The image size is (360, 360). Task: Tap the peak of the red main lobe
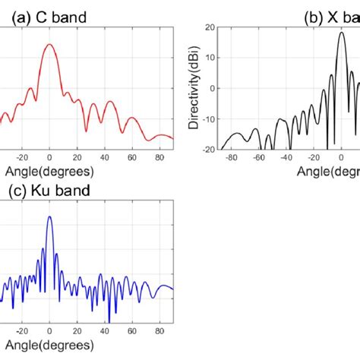pos(49,44)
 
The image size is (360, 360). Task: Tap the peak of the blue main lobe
pos(49,216)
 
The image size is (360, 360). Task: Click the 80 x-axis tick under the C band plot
pos(159,157)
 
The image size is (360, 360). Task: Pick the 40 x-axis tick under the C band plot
pos(104,157)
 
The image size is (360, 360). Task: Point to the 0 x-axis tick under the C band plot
pos(49,157)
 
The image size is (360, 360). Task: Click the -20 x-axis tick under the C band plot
pos(22,157)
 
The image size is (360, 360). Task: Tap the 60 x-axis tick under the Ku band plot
pos(131,332)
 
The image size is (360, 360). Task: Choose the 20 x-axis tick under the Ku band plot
pos(77,332)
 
